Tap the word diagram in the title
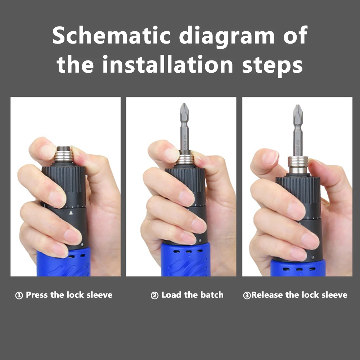227,36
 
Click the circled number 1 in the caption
19,295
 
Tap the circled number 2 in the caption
154,295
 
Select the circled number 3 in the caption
247,295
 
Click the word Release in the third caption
267,295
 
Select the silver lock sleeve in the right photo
298,165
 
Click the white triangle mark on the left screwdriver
71,213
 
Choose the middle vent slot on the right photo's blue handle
299,269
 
